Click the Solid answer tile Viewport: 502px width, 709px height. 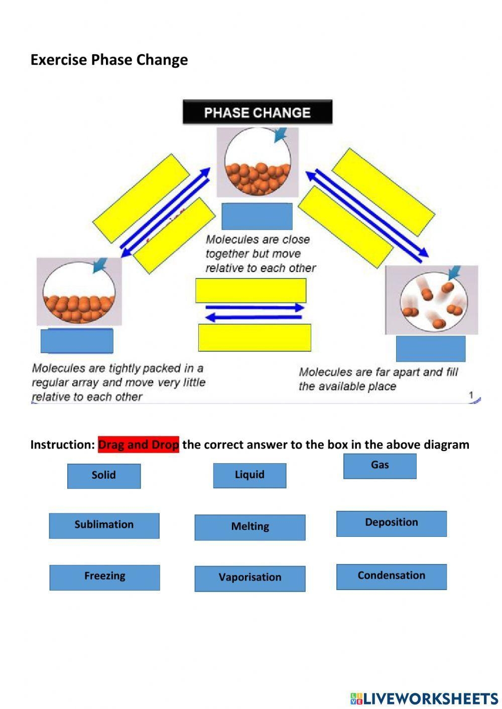pos(104,475)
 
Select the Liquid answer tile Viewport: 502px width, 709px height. pos(249,475)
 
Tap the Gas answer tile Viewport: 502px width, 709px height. pos(380,466)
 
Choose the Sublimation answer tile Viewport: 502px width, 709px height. pos(104,525)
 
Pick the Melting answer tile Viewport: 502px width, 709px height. pos(249,527)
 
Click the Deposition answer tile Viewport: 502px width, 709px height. pos(391,523)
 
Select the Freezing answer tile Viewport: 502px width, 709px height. pos(104,577)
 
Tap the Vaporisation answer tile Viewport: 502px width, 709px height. pos(249,578)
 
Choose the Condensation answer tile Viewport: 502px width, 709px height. pos(391,576)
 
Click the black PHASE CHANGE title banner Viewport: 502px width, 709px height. pos(257,112)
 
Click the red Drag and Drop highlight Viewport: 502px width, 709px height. pos(139,445)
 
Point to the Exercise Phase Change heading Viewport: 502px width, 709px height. pos(109,60)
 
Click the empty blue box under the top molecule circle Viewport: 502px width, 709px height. pos(257,216)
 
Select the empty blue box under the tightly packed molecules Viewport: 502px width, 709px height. pos(77,341)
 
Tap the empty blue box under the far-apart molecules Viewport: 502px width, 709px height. pos(430,348)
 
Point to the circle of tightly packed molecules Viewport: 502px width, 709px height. pos(79,293)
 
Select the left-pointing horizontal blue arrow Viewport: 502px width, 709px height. pos(254,317)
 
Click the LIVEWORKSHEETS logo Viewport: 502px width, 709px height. pos(424,698)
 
